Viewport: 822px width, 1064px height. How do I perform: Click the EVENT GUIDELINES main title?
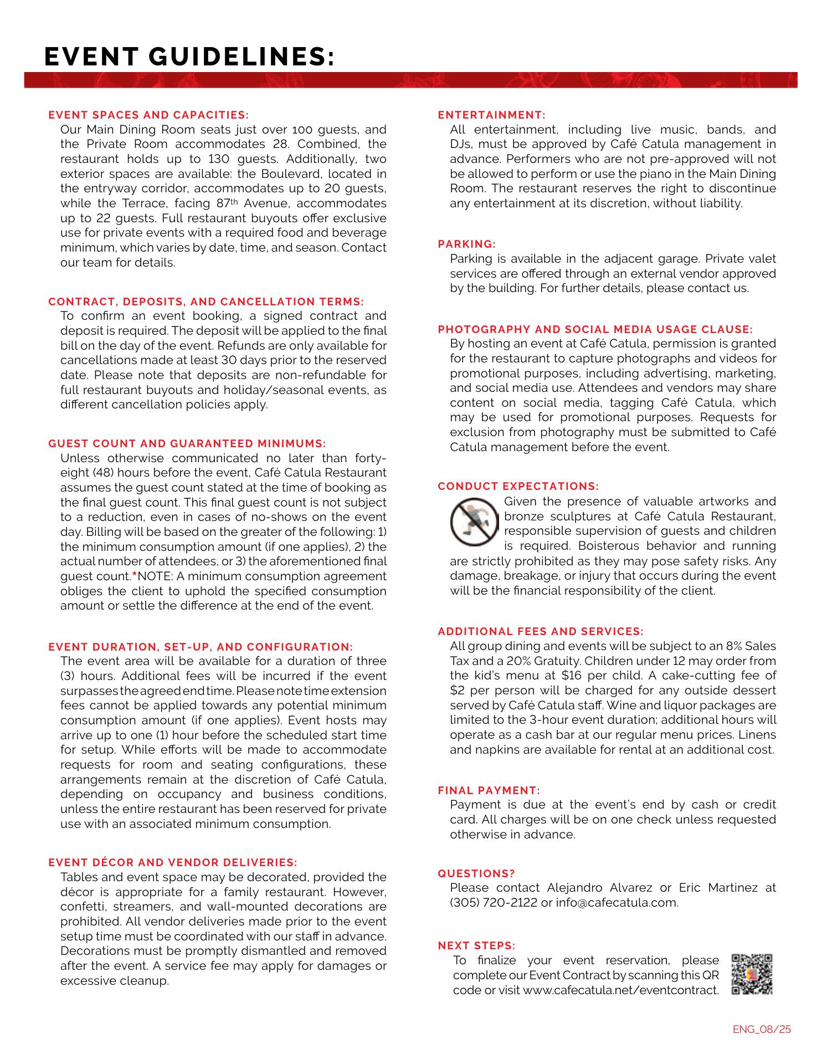[x=189, y=57]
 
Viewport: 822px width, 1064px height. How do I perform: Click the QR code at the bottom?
[x=752, y=974]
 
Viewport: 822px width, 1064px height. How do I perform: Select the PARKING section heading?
[x=466, y=244]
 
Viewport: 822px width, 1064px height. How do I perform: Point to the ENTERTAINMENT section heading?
[x=491, y=115]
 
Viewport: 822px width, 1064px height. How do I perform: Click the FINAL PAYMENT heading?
[x=489, y=790]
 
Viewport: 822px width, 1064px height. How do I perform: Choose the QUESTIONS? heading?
[x=476, y=873]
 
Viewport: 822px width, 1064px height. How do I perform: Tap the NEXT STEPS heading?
[x=476, y=945]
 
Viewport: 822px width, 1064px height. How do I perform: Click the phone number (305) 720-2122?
[x=494, y=903]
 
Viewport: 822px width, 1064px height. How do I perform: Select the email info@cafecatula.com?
[x=617, y=903]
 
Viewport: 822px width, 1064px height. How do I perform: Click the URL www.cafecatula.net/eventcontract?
[x=620, y=990]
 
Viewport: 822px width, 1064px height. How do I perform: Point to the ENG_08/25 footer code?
[x=762, y=1030]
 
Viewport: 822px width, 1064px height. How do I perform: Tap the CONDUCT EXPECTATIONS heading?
[x=518, y=487]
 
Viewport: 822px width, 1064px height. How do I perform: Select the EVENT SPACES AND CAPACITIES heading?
[x=148, y=115]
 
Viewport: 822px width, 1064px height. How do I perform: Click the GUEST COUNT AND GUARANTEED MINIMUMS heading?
[x=187, y=444]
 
